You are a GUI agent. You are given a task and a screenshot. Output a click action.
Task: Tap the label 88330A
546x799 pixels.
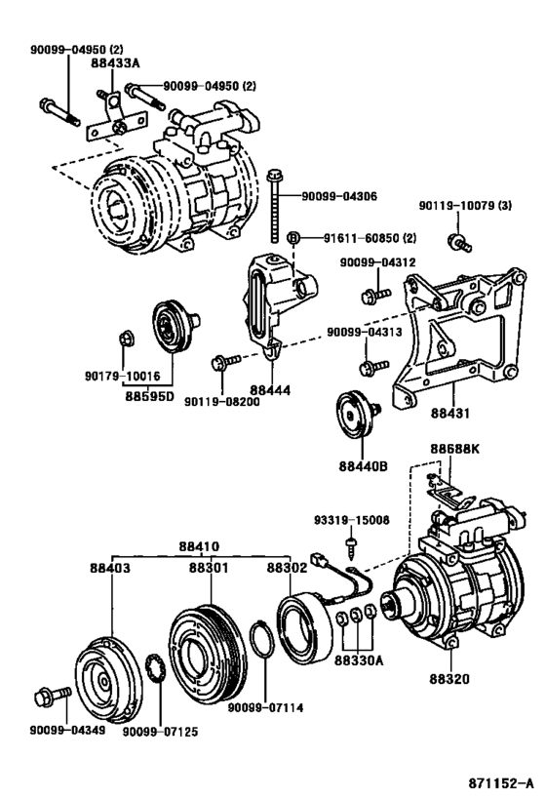pyautogui.click(x=359, y=660)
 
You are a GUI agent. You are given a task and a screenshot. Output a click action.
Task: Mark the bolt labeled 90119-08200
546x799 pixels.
pyautogui.click(x=219, y=363)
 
